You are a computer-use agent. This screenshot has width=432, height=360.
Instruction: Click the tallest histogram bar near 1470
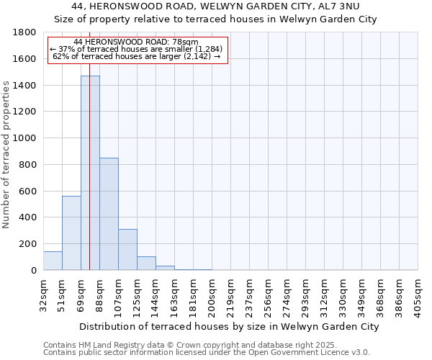pos(90,173)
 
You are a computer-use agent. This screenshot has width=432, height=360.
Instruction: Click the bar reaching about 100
pos(146,264)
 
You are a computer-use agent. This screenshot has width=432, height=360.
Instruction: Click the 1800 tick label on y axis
pos(25,32)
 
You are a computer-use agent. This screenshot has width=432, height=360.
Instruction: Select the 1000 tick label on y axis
pos(25,138)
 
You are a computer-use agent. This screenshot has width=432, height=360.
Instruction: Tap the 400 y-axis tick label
pos(28,217)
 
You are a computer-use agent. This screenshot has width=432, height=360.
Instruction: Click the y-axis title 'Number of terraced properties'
pos(7,154)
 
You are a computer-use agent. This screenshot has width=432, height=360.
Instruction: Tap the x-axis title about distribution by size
pos(229,326)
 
